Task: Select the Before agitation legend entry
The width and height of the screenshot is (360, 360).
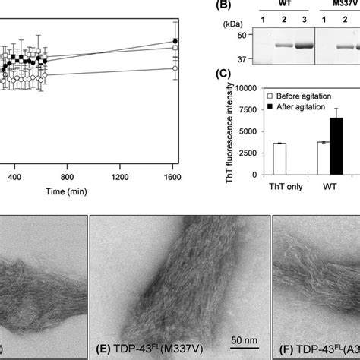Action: point(302,97)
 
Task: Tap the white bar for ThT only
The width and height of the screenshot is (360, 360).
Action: point(279,155)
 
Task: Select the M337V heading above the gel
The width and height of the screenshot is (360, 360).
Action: point(339,4)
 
